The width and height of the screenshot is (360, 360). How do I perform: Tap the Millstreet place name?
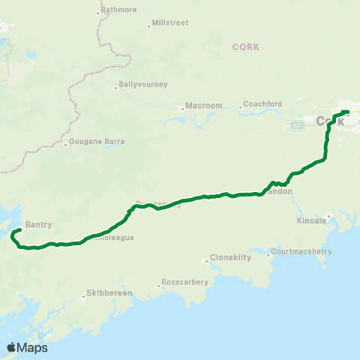pyautogui.click(x=169, y=23)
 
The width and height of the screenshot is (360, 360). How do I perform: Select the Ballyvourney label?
pyautogui.click(x=142, y=84)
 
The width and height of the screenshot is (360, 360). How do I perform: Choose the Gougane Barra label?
pyautogui.click(x=97, y=142)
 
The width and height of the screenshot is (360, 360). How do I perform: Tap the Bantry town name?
pyautogui.click(x=38, y=223)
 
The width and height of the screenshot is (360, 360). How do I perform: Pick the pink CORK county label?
pyautogui.click(x=245, y=46)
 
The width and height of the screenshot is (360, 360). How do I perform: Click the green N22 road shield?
pyautogui.click(x=297, y=125)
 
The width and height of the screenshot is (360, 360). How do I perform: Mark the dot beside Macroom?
pyautogui.click(x=180, y=106)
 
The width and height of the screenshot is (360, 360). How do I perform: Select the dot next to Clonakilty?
pyautogui.click(x=207, y=261)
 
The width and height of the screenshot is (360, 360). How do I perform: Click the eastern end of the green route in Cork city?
pyautogui.click(x=348, y=112)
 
